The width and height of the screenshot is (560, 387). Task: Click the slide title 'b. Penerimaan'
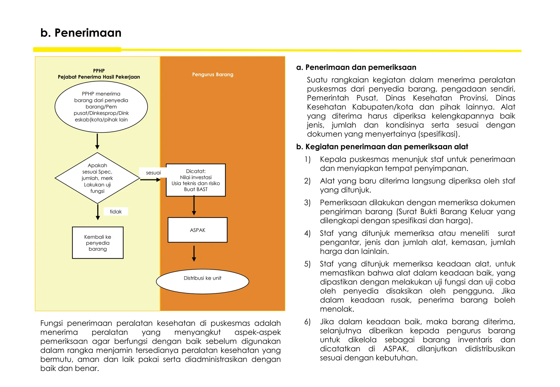81,33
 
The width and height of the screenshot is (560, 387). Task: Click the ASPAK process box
197,230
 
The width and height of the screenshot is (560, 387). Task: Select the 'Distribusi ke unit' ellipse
202,281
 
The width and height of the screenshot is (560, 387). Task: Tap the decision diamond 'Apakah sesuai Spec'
97,178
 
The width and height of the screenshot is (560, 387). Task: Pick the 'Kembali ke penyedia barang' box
98,243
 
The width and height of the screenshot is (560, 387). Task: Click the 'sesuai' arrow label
153,173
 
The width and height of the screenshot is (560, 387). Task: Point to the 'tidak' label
116,212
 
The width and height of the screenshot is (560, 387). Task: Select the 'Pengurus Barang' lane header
212,75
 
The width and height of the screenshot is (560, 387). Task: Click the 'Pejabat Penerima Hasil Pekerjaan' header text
99,77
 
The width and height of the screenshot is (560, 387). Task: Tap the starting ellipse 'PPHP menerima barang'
101,107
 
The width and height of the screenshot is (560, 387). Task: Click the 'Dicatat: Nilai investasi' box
196,180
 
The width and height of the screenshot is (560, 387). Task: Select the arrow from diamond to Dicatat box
150,180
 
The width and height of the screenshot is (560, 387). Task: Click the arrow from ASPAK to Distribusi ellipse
194,254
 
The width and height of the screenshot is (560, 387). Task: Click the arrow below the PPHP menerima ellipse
97,141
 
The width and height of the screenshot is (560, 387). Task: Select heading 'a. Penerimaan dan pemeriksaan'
356,67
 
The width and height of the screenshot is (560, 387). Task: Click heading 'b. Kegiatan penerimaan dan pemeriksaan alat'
382,147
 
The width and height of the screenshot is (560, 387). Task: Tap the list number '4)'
307,233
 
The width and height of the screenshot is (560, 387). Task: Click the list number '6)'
307,322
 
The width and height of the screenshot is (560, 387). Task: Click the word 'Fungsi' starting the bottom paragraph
52,323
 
